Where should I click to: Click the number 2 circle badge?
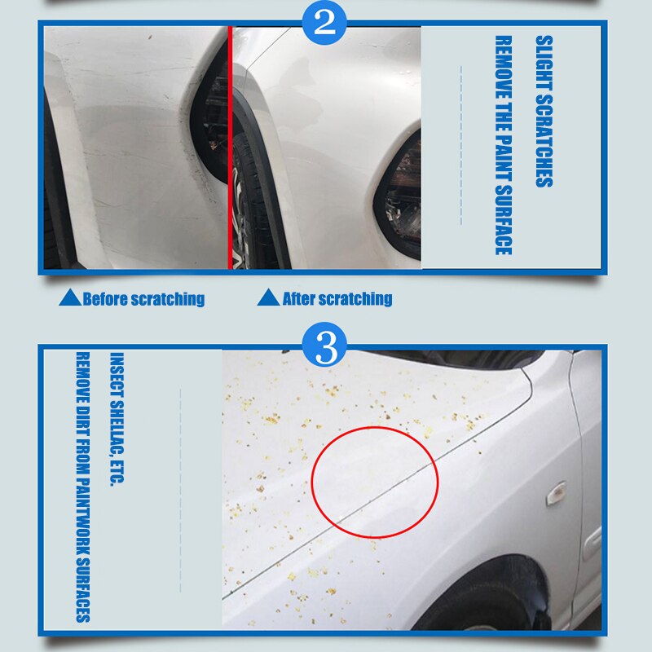[325, 22]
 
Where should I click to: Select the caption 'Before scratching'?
[143, 299]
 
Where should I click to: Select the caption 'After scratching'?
[337, 299]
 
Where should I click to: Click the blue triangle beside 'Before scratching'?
[70, 298]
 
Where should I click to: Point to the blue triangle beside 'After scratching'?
[269, 298]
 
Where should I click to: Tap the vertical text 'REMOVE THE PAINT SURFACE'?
[503, 145]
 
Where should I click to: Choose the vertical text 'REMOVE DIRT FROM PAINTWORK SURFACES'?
[81, 487]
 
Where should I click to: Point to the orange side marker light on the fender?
[556, 492]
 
